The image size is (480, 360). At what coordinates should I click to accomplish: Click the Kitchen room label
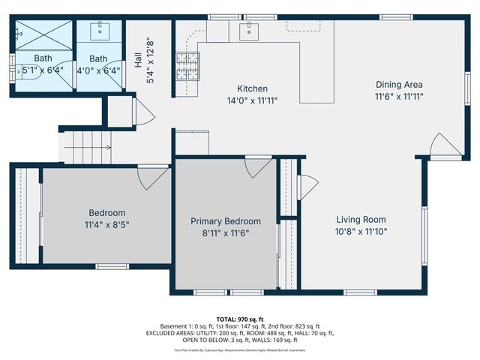[252, 88]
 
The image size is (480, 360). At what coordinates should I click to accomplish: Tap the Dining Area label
[399, 85]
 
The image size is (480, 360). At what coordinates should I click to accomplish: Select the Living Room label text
[361, 220]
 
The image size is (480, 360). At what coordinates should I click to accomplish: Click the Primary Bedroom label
[226, 221]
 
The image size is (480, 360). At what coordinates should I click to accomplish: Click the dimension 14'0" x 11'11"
[252, 100]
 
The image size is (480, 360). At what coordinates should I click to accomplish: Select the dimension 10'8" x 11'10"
[361, 232]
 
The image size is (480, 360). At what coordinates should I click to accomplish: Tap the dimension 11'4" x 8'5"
[107, 223]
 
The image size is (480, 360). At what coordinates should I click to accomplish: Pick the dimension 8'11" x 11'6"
[226, 232]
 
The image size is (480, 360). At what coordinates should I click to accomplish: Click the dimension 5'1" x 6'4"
[43, 70]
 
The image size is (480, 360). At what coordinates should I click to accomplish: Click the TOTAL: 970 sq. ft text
[240, 319]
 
